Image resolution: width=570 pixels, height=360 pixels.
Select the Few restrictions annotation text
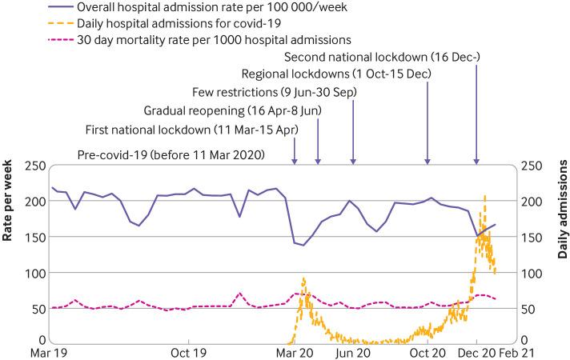tap(275, 93)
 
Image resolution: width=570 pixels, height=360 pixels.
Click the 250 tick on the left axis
tap(33, 166)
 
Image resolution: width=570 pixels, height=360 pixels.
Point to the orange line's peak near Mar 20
tap(304, 278)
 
